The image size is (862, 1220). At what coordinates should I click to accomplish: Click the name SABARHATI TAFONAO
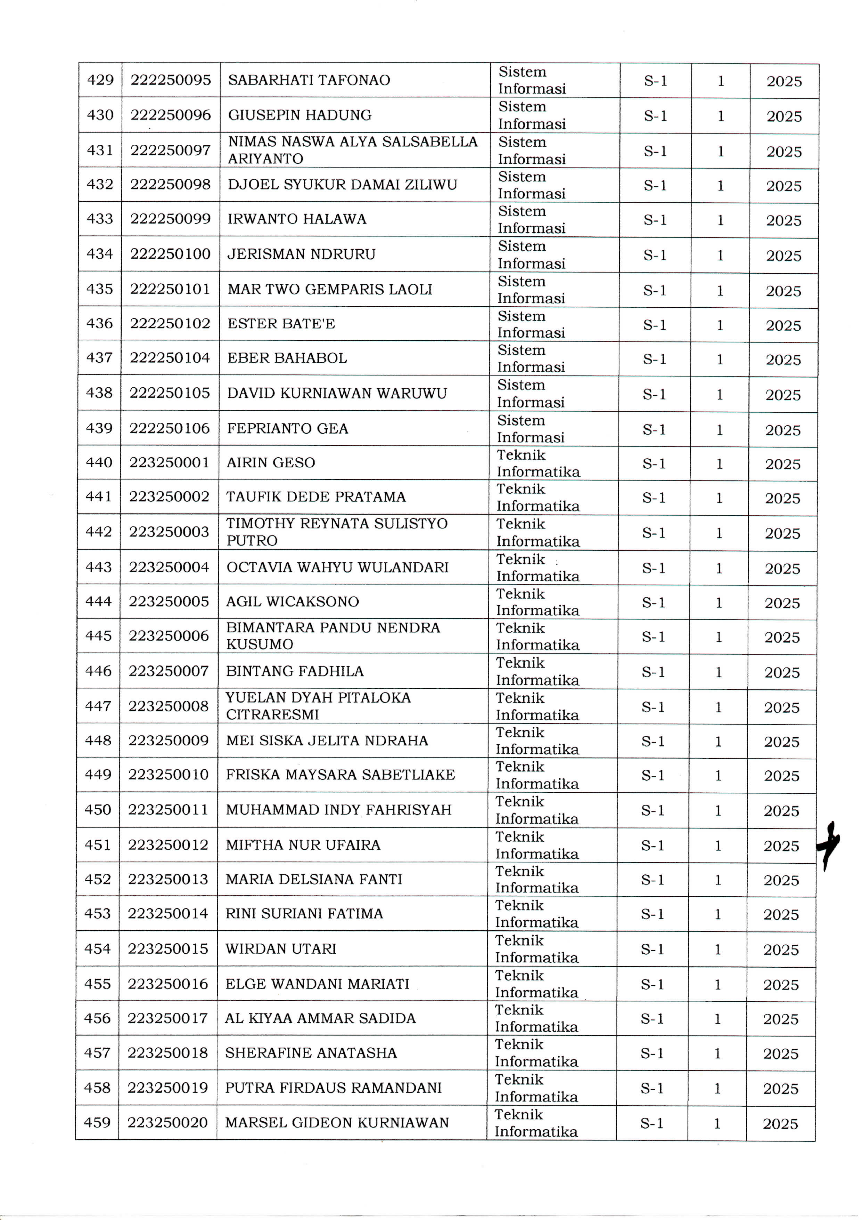tap(309, 80)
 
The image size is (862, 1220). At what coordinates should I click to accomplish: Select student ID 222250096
tap(171, 115)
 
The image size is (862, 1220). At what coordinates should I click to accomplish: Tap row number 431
tap(100, 150)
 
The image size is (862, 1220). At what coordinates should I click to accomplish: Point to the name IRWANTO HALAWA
tap(297, 219)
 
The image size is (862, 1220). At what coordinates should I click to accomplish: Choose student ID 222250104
tap(170, 358)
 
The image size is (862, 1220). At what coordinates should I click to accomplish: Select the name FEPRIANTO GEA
tap(287, 428)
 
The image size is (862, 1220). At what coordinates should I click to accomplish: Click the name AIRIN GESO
tap(271, 463)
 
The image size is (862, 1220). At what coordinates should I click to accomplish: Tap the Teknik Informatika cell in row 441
tap(537, 497)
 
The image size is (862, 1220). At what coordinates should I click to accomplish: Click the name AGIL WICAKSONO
tap(293, 601)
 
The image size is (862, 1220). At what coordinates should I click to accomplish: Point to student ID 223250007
tap(168, 671)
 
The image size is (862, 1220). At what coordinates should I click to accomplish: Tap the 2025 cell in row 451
tap(781, 846)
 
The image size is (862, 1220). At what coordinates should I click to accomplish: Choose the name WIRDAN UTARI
tap(281, 949)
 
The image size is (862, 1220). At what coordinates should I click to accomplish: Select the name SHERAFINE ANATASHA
tap(311, 1053)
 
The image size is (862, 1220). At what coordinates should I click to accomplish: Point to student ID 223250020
tap(167, 1123)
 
